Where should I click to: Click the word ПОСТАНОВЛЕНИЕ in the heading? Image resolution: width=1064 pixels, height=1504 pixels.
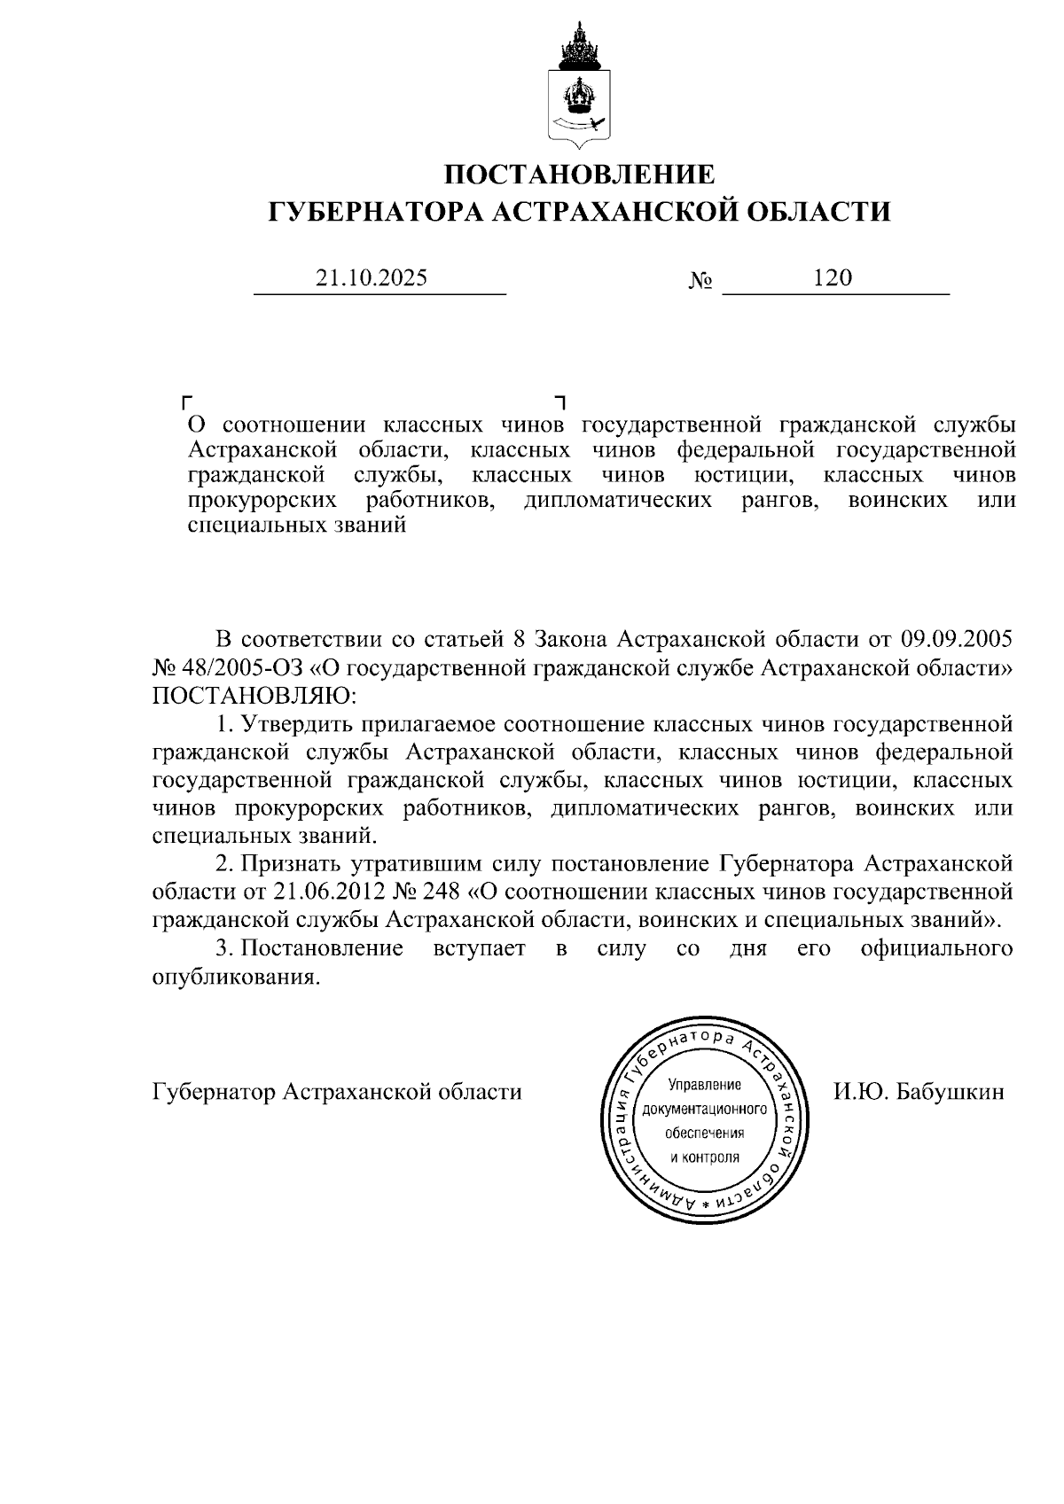[x=579, y=174]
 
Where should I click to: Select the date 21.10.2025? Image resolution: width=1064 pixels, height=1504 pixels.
[x=372, y=278]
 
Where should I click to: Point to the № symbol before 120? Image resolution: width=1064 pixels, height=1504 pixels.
[x=700, y=281]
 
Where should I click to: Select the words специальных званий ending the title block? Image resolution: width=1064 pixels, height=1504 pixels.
[x=297, y=525]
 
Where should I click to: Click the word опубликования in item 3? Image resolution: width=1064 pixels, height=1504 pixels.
[x=234, y=977]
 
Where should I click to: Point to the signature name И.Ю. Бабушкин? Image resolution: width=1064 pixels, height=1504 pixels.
[x=919, y=1091]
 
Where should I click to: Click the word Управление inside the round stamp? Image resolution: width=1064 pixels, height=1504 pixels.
[x=704, y=1086]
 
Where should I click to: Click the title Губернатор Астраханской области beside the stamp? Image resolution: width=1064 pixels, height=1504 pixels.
[x=337, y=1091]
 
